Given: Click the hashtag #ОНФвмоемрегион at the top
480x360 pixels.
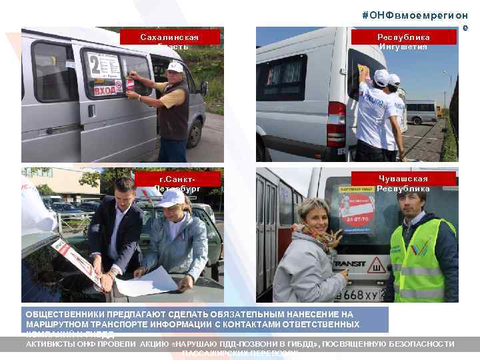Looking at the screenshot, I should click(x=415, y=15).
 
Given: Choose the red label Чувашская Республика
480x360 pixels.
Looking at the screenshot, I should click(x=403, y=181).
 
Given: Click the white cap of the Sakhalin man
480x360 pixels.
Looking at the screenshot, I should click(x=175, y=67).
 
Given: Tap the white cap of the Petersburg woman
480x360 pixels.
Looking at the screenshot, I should click(x=172, y=198).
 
